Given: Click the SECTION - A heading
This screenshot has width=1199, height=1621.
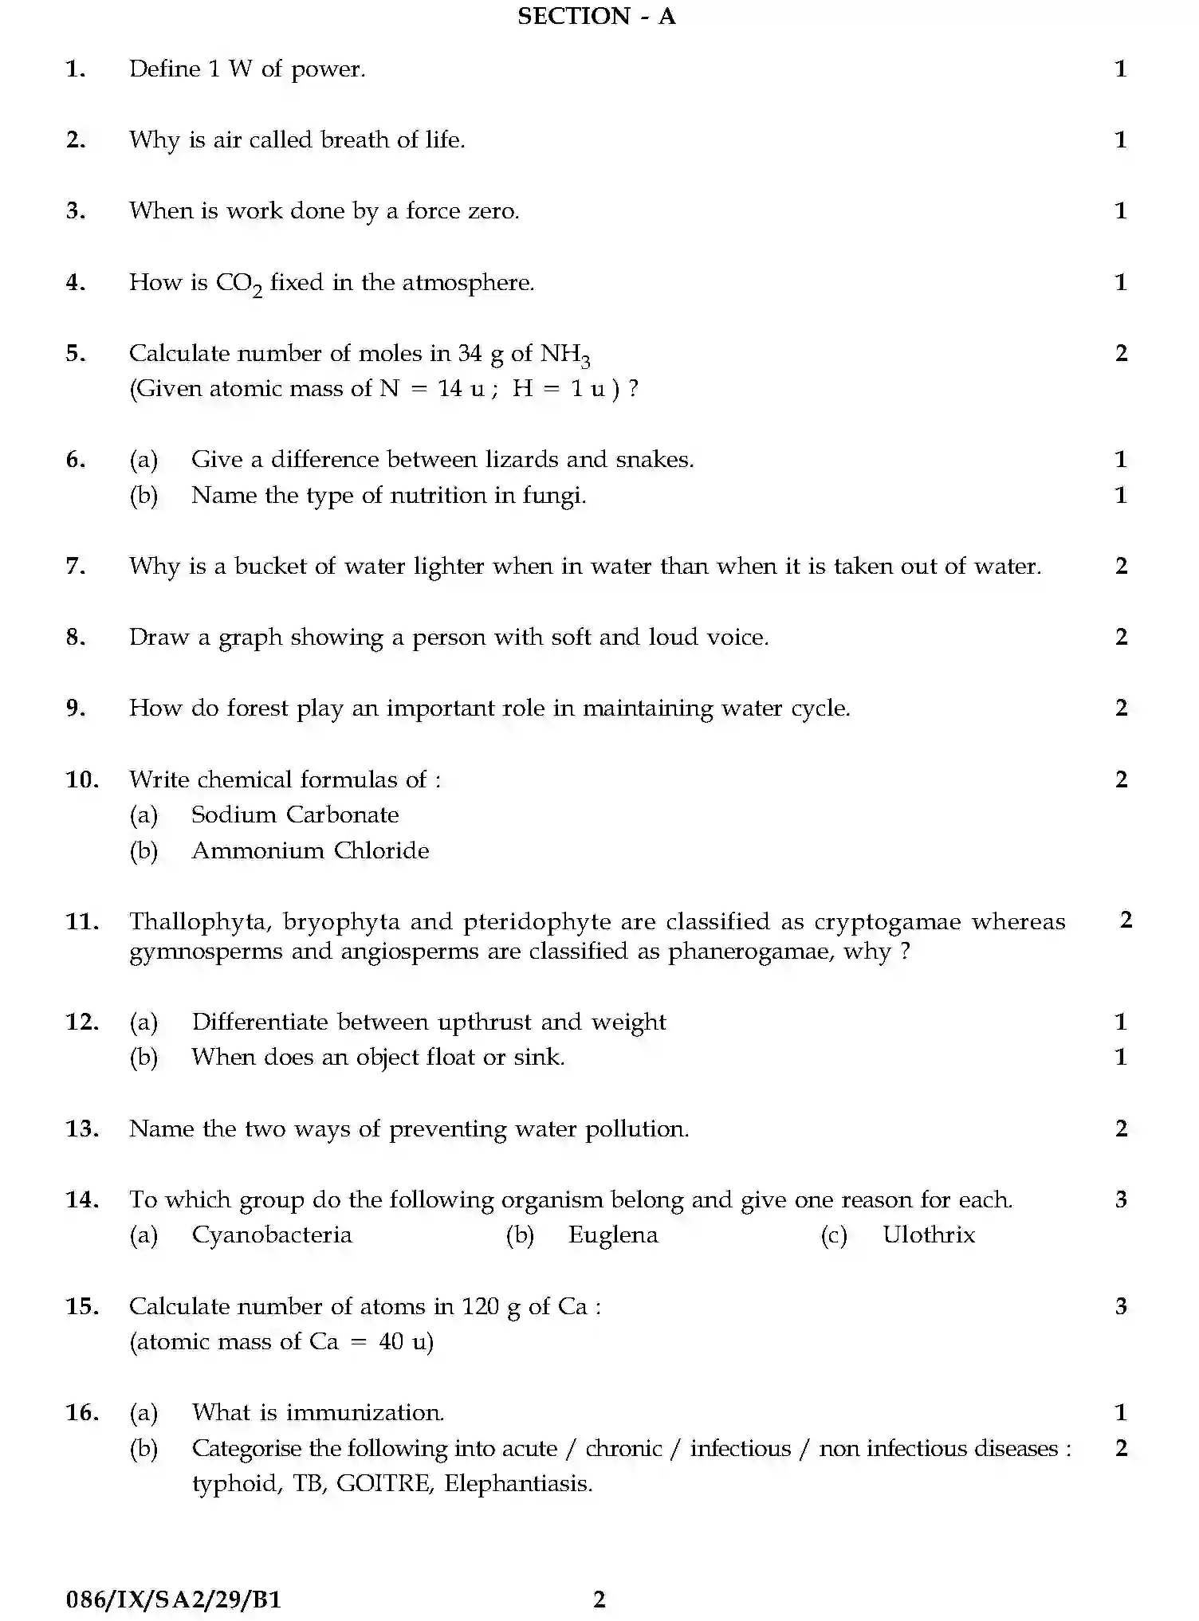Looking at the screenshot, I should coord(596,17).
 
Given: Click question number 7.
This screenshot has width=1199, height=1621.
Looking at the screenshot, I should coord(75,567).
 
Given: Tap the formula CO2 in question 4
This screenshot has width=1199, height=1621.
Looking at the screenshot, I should coord(238,284).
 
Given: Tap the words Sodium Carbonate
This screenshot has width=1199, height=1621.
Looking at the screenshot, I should coord(295,815).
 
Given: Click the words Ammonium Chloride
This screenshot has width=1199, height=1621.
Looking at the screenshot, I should coord(310,851).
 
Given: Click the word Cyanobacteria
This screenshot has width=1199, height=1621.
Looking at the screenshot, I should coord(272,1235).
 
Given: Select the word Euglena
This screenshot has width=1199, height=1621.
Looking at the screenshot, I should coord(613,1235).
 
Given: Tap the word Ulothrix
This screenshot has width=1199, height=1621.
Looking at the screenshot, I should coord(928,1235).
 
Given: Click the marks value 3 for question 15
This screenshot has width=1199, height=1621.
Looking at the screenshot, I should coord(1121,1306).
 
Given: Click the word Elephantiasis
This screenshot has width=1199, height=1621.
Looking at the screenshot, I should coord(518,1484).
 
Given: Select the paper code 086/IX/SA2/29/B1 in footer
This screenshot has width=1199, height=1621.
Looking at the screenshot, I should coord(174,1599).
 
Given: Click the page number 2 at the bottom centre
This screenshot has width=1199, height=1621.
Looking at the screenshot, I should coord(599,1599).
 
